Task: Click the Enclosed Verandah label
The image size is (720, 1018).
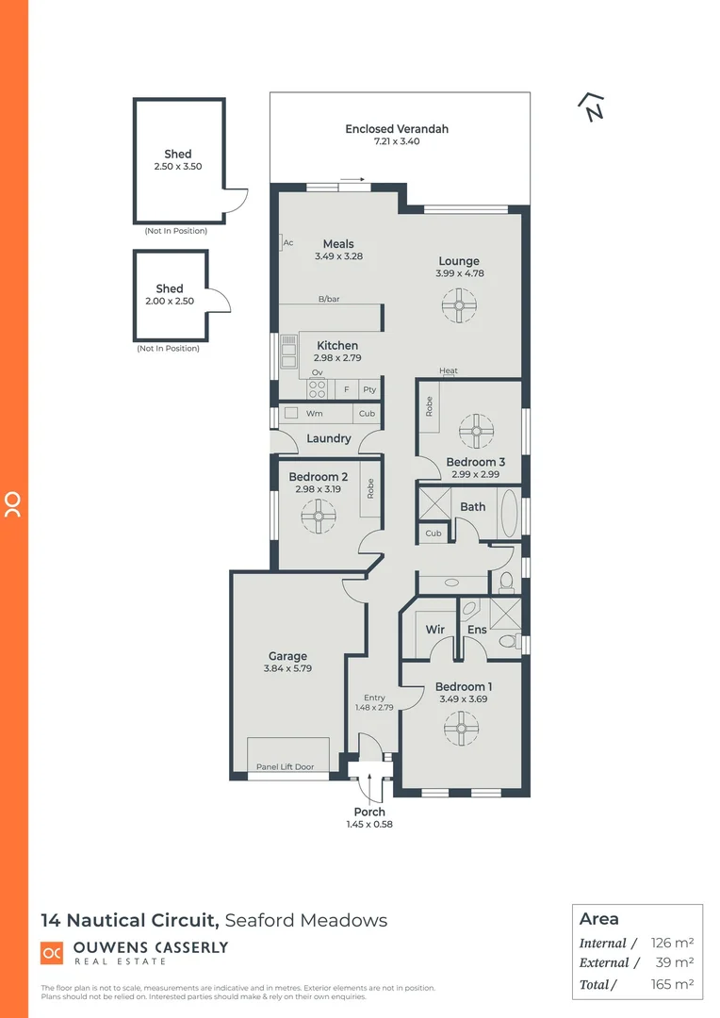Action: click(x=396, y=129)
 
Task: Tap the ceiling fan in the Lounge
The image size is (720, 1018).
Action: click(x=458, y=304)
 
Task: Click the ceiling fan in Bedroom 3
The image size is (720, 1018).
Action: click(x=476, y=432)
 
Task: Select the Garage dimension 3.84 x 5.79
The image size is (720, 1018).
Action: click(x=287, y=668)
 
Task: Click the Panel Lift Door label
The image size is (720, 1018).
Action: click(x=285, y=767)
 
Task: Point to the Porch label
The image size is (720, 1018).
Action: click(x=369, y=812)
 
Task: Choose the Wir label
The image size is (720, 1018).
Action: click(x=434, y=630)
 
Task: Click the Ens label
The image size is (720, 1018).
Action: click(x=477, y=630)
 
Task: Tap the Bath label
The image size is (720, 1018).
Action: click(x=472, y=507)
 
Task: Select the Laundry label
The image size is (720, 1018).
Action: click(x=329, y=438)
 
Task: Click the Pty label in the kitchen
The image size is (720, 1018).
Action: click(x=369, y=389)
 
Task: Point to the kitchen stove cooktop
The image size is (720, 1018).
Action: click(x=318, y=388)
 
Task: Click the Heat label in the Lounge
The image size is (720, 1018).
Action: click(x=449, y=370)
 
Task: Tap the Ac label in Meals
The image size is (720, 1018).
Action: click(x=288, y=243)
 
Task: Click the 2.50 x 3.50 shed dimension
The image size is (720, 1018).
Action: click(x=178, y=166)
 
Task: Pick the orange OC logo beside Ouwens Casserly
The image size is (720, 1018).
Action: click(x=52, y=953)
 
